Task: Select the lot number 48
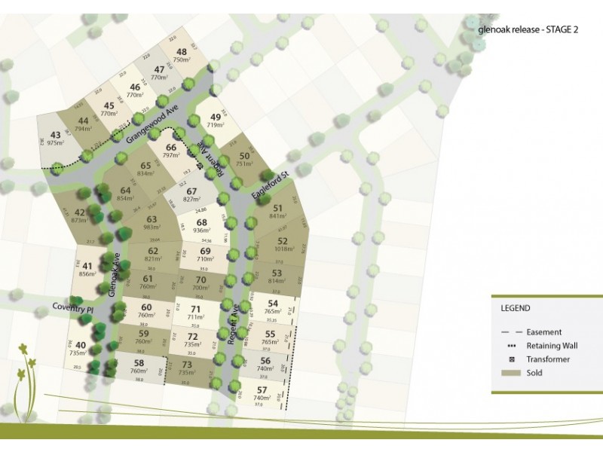182,50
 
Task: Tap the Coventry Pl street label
72,309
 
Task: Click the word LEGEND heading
516,308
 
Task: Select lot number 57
263,389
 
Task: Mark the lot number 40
81,345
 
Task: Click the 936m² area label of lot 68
201,232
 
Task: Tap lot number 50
244,156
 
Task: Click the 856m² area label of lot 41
87,275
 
